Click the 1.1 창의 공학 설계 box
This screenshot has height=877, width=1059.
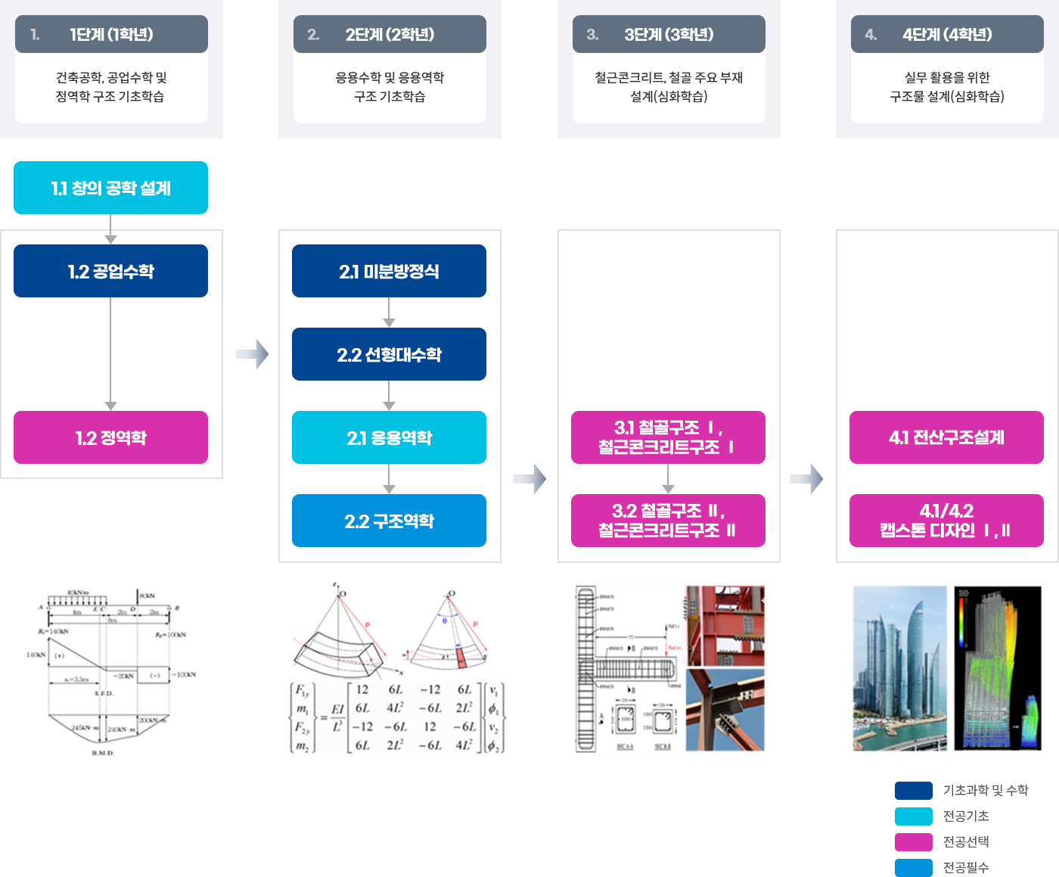pos(110,188)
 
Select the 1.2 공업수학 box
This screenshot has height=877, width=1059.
pos(110,271)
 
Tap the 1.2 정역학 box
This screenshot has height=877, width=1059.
pos(110,437)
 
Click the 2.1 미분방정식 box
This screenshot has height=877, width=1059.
pos(389,271)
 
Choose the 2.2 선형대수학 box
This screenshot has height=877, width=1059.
pos(389,354)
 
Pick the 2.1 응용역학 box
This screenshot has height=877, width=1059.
pos(389,437)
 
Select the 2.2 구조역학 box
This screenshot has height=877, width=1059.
pos(389,521)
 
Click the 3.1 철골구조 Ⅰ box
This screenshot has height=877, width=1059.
pos(668,437)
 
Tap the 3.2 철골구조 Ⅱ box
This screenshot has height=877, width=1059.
pos(668,521)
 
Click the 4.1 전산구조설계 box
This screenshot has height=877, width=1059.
pos(946,437)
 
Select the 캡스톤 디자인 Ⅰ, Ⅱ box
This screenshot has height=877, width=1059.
pos(946,521)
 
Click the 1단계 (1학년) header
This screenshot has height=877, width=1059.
pos(111,34)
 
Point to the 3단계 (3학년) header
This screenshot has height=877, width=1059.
pos(669,34)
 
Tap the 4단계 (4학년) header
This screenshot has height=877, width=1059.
pos(947,34)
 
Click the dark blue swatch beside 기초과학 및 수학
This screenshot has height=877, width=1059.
pos(913,791)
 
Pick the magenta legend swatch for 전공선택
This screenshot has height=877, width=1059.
pos(913,842)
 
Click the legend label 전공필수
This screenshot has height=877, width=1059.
pos(966,868)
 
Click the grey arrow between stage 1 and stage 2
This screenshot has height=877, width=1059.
pos(252,354)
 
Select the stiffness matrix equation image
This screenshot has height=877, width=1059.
pos(397,717)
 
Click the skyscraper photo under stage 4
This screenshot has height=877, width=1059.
pos(900,667)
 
